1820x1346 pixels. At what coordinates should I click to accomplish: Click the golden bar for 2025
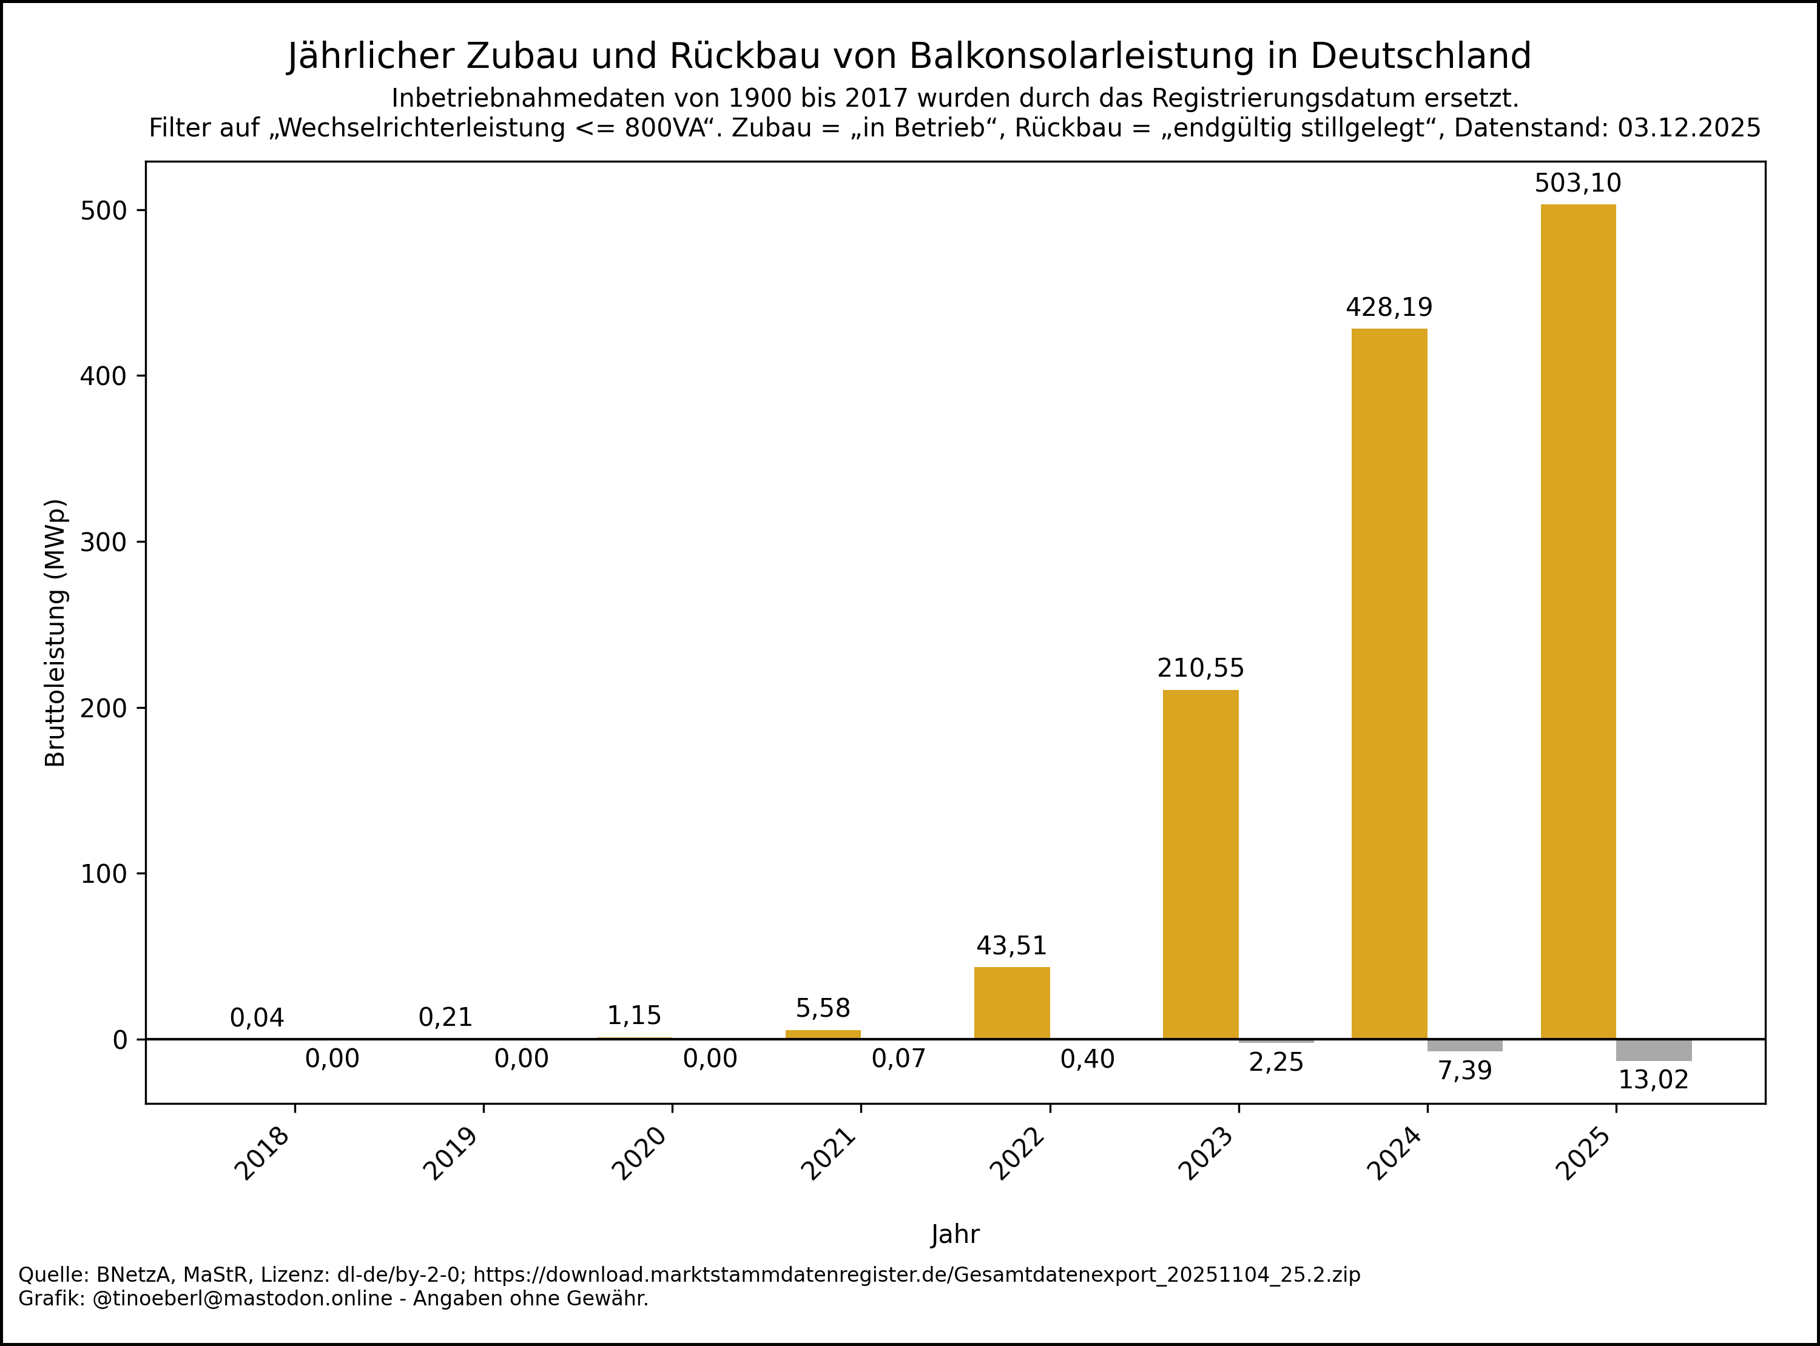click(1578, 621)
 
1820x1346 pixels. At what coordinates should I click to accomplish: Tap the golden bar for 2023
click(1201, 863)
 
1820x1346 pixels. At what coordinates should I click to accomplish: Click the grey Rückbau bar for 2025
click(1654, 1050)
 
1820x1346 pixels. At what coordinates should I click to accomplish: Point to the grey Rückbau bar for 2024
click(1464, 1045)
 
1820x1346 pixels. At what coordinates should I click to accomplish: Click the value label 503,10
click(1578, 183)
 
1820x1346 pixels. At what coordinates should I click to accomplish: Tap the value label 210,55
click(1201, 668)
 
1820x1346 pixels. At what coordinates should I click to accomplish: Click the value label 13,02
click(1653, 1080)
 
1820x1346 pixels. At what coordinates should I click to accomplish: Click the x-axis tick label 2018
click(263, 1153)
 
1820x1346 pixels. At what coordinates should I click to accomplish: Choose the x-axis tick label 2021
click(829, 1153)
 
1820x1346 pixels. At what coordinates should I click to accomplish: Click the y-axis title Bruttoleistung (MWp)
click(55, 632)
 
